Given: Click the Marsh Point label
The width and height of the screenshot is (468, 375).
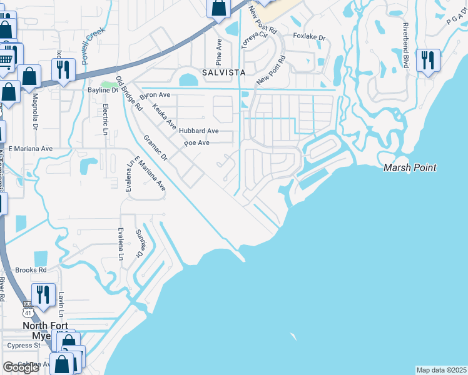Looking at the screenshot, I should pos(409,167).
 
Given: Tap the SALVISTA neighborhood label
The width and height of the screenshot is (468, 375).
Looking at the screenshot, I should pos(223,72).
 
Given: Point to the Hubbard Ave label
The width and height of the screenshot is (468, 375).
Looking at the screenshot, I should pos(198,131).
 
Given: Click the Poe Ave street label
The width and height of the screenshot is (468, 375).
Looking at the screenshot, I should pos(196,143).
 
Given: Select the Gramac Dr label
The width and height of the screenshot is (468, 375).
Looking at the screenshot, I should pos(155,148).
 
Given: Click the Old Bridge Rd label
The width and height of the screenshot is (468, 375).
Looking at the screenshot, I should pos(130,94).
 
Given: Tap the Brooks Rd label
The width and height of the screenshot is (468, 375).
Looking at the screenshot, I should pos(31,270).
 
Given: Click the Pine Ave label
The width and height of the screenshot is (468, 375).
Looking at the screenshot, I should pos(218,52).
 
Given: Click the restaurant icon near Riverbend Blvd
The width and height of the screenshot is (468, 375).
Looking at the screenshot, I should pos(428,61).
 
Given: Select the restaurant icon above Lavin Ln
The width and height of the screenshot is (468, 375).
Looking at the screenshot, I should pos(43,294).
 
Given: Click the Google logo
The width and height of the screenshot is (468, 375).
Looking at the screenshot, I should pos(21,367).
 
